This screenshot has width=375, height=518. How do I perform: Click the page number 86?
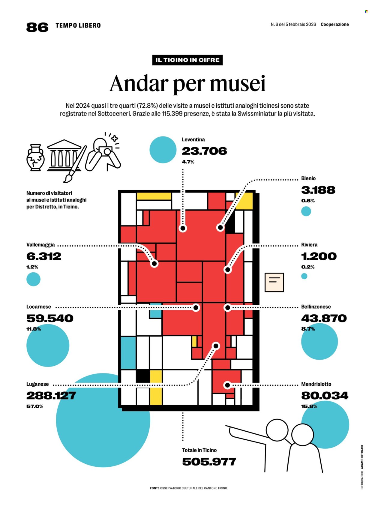(x=37, y=27)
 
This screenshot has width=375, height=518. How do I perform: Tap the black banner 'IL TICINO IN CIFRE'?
(x=187, y=60)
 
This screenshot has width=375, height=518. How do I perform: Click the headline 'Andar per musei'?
(x=187, y=84)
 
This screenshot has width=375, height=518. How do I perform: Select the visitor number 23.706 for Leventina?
(x=204, y=151)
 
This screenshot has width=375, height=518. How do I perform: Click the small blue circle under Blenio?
(x=306, y=211)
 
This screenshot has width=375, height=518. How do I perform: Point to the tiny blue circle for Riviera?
(x=304, y=276)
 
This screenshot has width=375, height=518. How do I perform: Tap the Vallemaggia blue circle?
(x=33, y=279)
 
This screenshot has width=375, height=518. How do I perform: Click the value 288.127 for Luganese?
(x=51, y=396)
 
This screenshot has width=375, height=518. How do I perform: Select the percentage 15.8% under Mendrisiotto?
(x=309, y=406)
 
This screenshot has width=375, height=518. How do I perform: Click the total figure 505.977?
(x=209, y=462)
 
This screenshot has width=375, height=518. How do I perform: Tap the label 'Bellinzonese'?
(x=316, y=307)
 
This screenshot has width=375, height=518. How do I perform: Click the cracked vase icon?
(x=36, y=157)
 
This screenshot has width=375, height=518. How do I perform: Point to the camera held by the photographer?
(x=106, y=151)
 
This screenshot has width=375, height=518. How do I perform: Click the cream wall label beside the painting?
(x=274, y=282)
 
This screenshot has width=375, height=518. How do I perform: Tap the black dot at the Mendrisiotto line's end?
(x=227, y=385)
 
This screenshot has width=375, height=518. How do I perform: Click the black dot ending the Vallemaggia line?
(x=154, y=264)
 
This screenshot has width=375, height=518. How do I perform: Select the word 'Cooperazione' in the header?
(x=334, y=25)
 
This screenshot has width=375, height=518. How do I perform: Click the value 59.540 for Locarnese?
(x=50, y=318)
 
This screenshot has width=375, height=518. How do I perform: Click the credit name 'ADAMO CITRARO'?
(x=362, y=457)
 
